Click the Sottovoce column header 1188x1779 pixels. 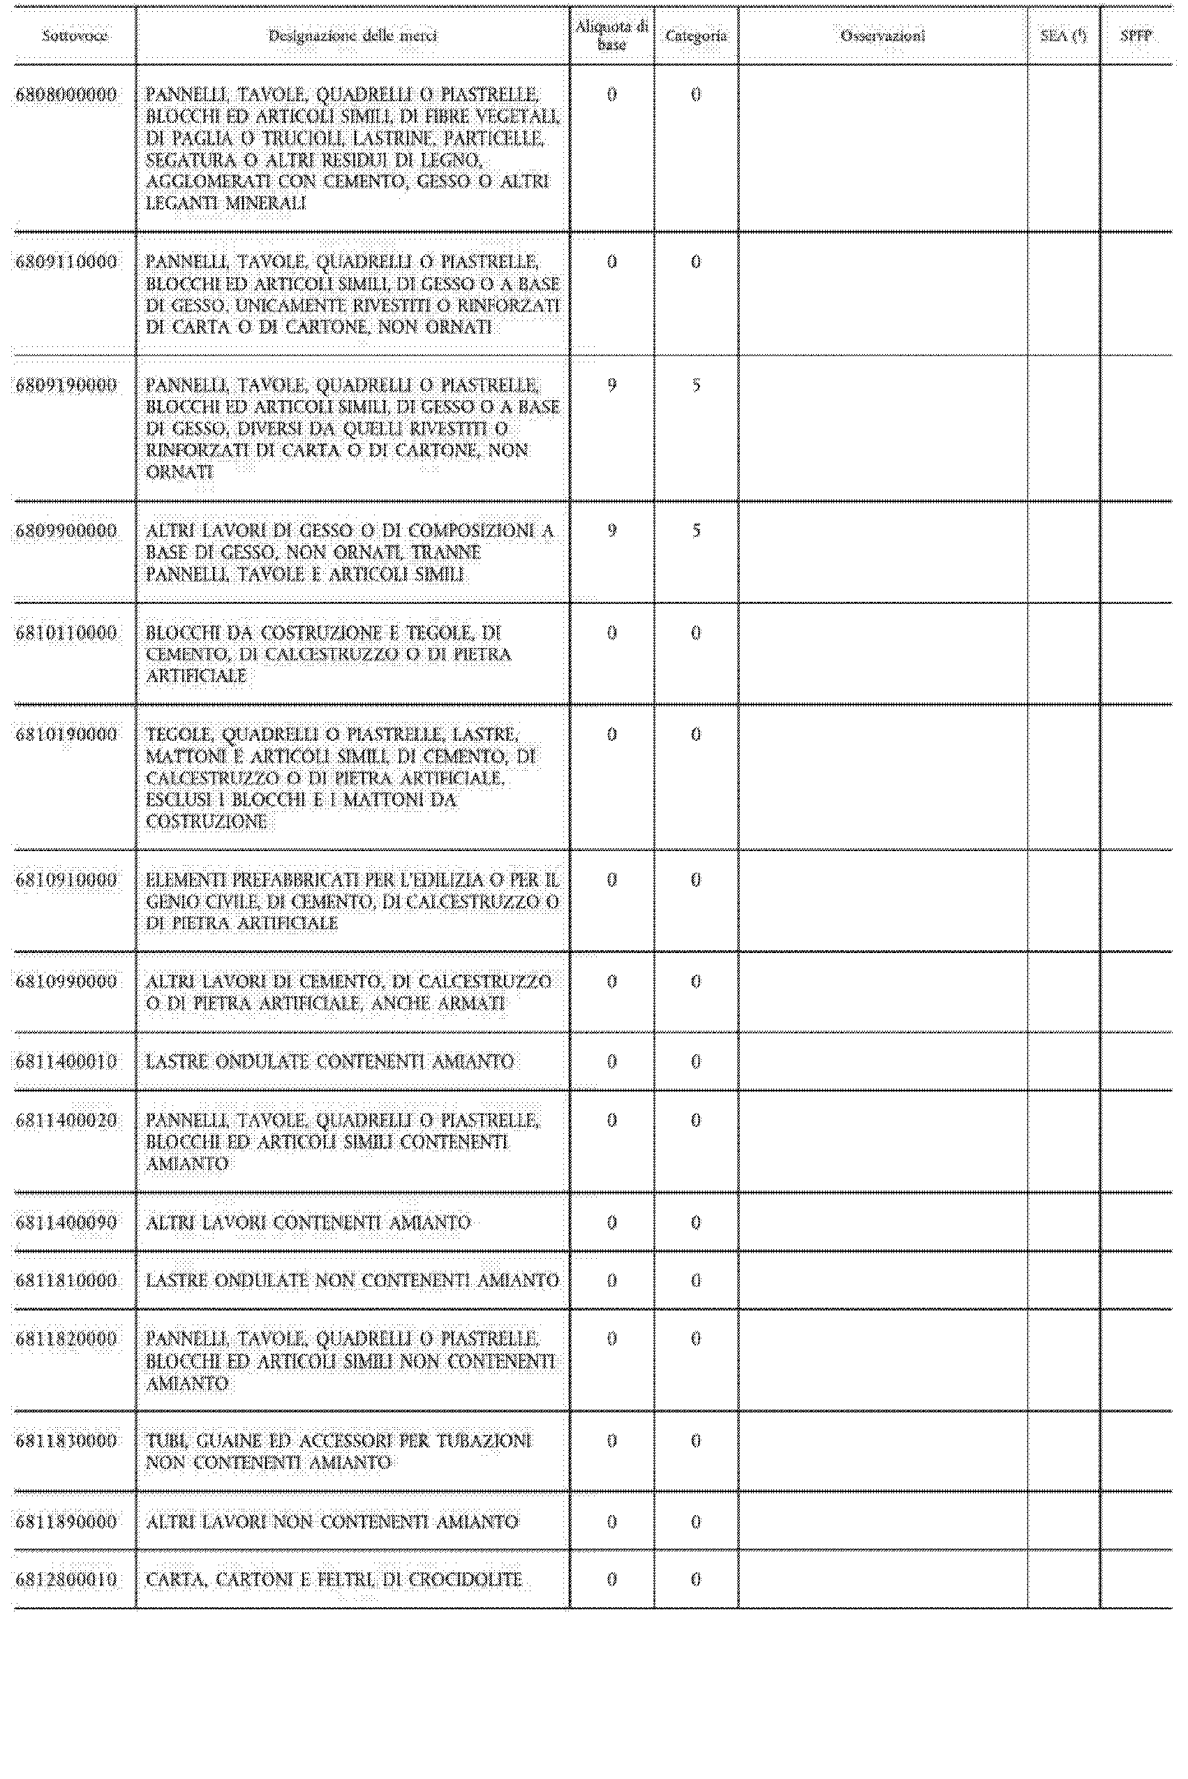click(x=74, y=36)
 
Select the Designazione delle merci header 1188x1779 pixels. click(x=352, y=36)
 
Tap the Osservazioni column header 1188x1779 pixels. click(x=883, y=36)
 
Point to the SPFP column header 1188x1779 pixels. click(x=1136, y=36)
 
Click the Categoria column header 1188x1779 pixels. click(x=695, y=36)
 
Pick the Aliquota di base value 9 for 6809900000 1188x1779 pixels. click(x=611, y=531)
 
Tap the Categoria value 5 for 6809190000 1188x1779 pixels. click(x=695, y=385)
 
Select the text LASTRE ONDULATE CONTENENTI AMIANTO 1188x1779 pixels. click(x=329, y=1061)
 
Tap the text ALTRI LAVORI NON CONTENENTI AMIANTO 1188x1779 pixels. click(x=332, y=1521)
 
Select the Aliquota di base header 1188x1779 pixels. click(x=611, y=36)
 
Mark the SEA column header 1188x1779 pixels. click(x=1063, y=36)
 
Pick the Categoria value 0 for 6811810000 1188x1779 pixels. click(x=695, y=1280)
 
